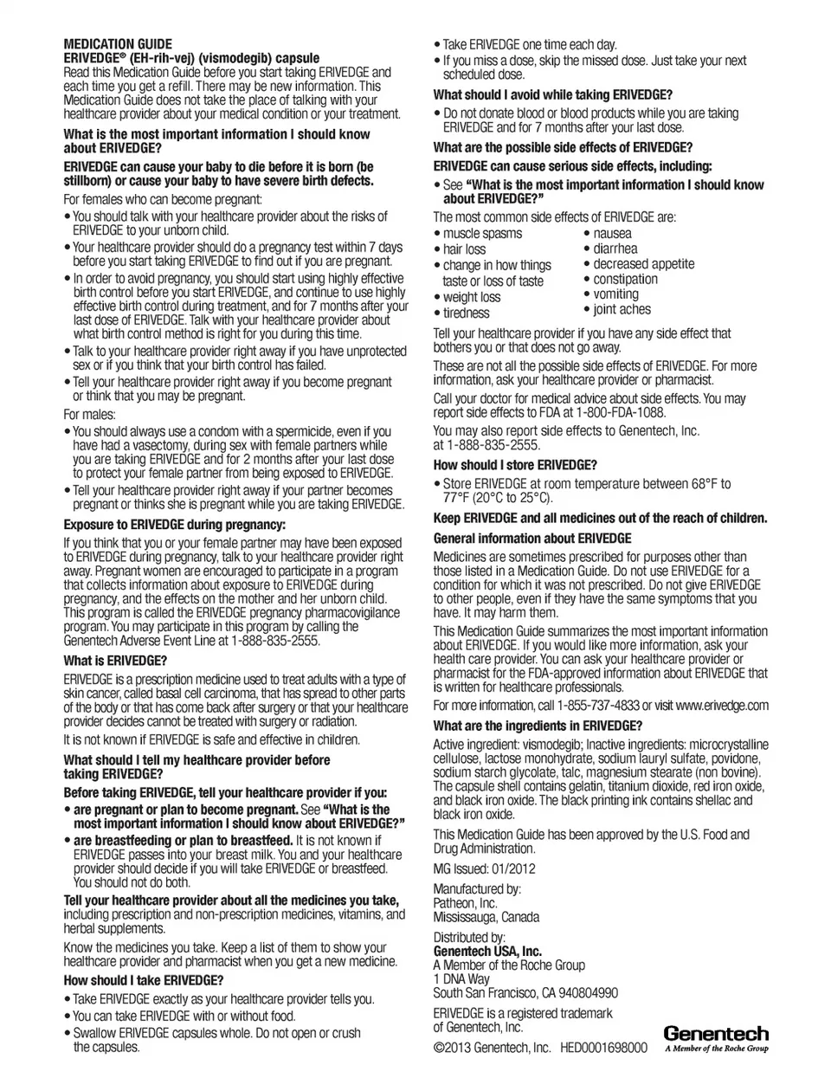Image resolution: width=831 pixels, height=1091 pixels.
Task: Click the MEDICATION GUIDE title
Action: click(118, 44)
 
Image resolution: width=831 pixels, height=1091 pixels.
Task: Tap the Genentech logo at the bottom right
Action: click(716, 1038)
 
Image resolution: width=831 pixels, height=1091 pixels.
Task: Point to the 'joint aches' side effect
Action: click(622, 309)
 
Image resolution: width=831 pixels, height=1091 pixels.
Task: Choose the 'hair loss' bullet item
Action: click(464, 249)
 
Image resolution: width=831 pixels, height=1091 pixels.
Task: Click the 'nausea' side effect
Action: click(612, 233)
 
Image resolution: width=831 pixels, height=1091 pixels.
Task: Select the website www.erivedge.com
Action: click(722, 705)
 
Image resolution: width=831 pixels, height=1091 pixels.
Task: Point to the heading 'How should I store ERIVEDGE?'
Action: click(515, 465)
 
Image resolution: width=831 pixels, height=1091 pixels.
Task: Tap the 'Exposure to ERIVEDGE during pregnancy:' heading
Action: click(174, 525)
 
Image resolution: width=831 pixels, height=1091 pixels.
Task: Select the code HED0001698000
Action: click(603, 1048)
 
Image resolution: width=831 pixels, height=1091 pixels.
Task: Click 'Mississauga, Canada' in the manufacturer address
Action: click(486, 917)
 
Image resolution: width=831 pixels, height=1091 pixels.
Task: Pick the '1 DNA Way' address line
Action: click(461, 979)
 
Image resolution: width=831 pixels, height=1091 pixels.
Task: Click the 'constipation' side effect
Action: click(625, 279)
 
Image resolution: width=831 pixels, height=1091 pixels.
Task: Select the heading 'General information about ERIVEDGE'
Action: click(531, 538)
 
